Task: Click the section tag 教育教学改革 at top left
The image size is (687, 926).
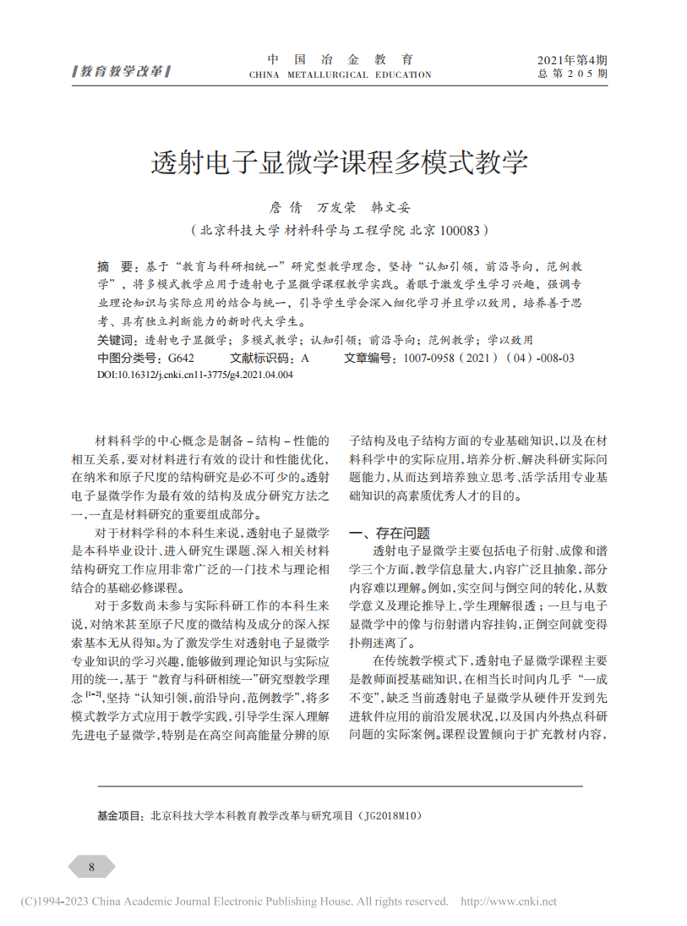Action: (x=122, y=71)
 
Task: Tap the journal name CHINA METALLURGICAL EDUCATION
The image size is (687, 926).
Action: (x=340, y=75)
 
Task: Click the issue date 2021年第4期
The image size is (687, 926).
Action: (x=572, y=60)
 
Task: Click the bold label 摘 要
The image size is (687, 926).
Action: (x=115, y=265)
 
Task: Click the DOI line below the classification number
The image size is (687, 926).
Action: (x=195, y=374)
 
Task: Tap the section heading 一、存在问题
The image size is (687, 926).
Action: (x=390, y=533)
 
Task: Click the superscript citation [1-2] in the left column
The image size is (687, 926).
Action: (x=93, y=693)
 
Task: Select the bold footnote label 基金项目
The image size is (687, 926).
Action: (x=120, y=817)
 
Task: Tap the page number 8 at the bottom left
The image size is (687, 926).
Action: (x=91, y=867)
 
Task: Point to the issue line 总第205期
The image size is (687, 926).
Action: (x=572, y=74)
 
